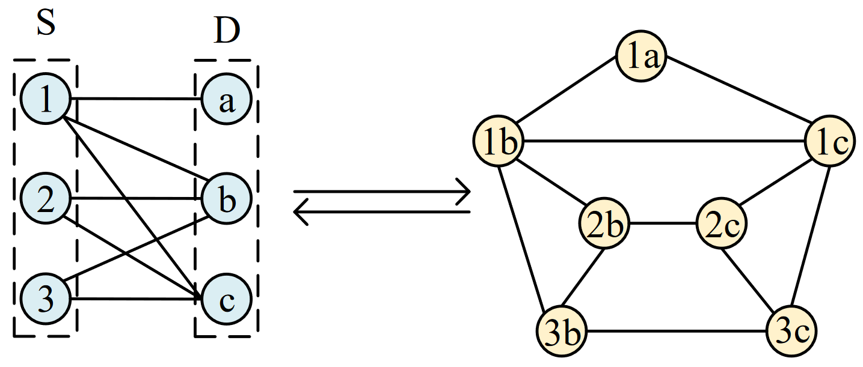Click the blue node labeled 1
(46, 99)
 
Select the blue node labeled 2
(46, 198)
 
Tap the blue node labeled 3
(46, 299)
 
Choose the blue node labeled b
(227, 200)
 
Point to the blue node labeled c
(227, 299)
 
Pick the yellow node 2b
(604, 224)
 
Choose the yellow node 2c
(721, 224)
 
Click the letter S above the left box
(45, 25)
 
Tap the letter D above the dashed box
(226, 34)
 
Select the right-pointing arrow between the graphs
(381, 192)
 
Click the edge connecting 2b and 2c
(662, 224)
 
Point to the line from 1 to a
(135, 99)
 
